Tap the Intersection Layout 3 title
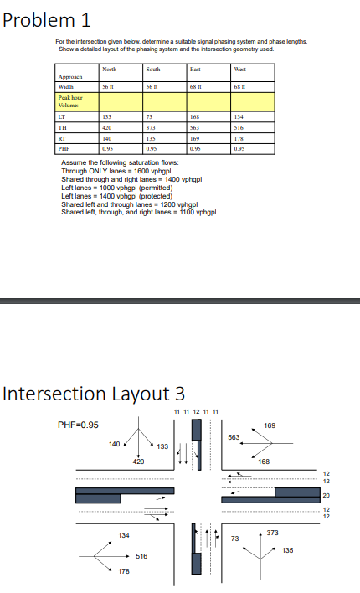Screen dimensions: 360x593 click(x=95, y=393)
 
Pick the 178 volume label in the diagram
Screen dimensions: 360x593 click(x=123, y=571)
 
